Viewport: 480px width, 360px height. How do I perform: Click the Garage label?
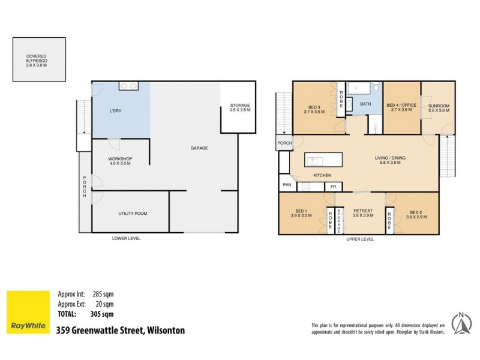(199, 148)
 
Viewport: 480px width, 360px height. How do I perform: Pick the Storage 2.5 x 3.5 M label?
(240, 109)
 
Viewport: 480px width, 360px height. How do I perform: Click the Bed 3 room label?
(314, 109)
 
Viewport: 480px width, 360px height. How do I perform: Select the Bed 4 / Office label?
(401, 109)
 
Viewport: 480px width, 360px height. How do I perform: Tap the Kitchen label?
(322, 175)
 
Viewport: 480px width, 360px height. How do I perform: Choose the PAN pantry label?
(287, 185)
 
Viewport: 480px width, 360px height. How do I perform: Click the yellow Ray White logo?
(28, 312)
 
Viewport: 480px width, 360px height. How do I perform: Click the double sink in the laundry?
(128, 86)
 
